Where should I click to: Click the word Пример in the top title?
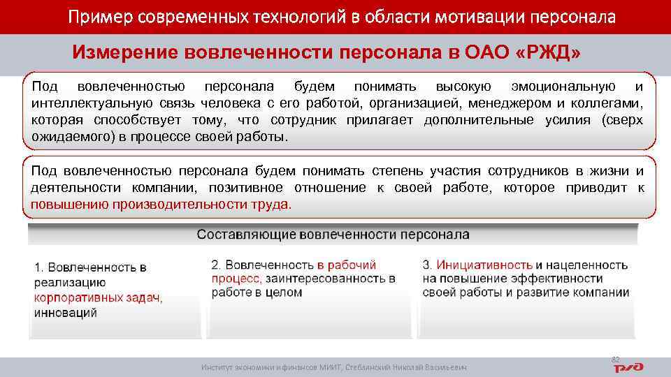click(x=96, y=17)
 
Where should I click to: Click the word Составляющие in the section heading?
click(x=246, y=235)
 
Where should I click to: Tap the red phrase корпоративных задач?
click(x=98, y=297)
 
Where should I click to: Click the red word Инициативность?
click(x=484, y=265)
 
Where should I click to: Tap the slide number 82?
click(x=616, y=359)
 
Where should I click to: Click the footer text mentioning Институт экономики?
click(x=333, y=367)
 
